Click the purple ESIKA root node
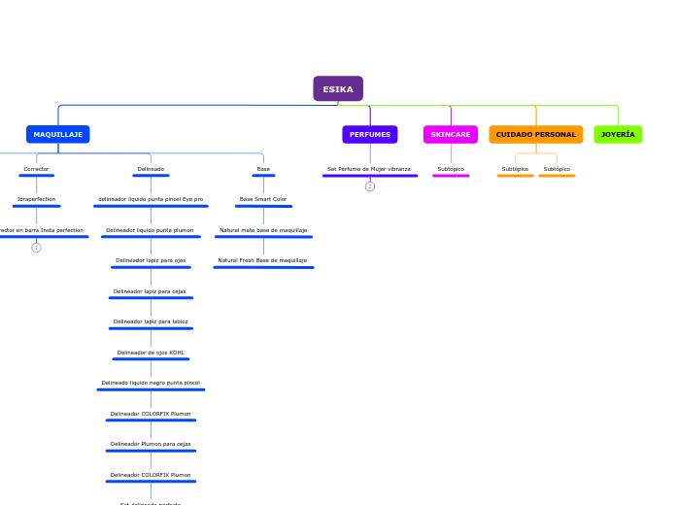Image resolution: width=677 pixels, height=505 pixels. coord(338,89)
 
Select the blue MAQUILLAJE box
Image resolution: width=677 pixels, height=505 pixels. coord(58,134)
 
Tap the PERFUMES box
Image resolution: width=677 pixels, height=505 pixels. coord(370,134)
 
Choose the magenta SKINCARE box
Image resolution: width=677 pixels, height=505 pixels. coord(451,134)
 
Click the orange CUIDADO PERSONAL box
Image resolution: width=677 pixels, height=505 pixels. coord(536,134)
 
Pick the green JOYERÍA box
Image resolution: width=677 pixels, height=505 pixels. coord(618,134)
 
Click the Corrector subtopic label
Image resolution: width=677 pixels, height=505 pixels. coord(36,169)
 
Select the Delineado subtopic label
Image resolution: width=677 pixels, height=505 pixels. coord(151,169)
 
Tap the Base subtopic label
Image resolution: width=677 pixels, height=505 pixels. coord(263,169)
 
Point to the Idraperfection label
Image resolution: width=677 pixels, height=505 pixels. coord(36,199)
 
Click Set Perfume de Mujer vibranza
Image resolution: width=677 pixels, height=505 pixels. coord(369,169)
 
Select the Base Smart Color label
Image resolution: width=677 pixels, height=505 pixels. coord(263,199)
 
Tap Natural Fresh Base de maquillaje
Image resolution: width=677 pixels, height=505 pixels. coord(262,260)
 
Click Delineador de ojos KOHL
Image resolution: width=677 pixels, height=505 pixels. coord(151,353)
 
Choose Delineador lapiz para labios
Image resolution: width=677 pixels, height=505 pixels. coord(151,321)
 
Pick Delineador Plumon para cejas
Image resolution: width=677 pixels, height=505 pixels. coord(151,444)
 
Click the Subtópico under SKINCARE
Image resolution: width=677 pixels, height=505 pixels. coord(451,169)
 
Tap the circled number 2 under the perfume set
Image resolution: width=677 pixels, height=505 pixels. coord(370,186)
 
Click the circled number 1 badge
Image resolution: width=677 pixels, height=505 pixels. coord(36,248)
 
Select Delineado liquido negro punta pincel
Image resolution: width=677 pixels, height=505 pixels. coord(151,383)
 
